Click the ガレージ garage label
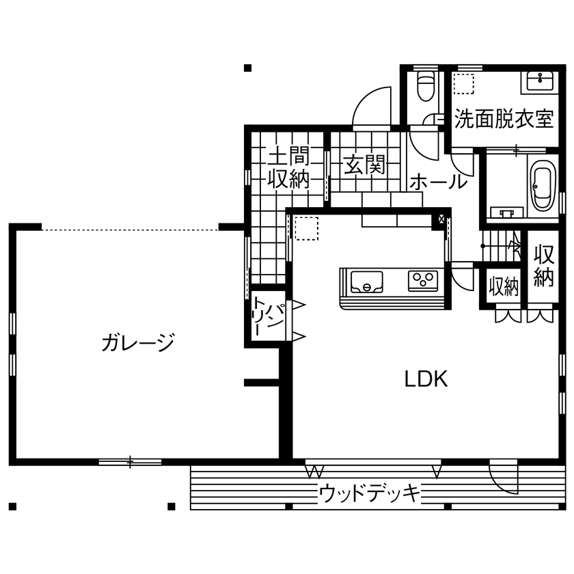click(x=138, y=342)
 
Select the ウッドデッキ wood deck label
click(x=369, y=493)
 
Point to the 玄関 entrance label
click(x=363, y=165)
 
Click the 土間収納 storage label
click(x=288, y=167)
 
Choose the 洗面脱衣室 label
click(x=504, y=120)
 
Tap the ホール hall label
click(x=438, y=182)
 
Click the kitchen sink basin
click(x=367, y=280)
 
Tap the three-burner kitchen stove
click(x=423, y=280)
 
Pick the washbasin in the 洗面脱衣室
click(x=541, y=81)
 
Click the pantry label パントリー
click(x=269, y=315)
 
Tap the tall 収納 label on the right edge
click(x=543, y=266)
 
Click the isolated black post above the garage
click(x=247, y=68)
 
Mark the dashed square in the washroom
click(x=465, y=83)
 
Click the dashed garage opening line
click(x=130, y=230)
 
